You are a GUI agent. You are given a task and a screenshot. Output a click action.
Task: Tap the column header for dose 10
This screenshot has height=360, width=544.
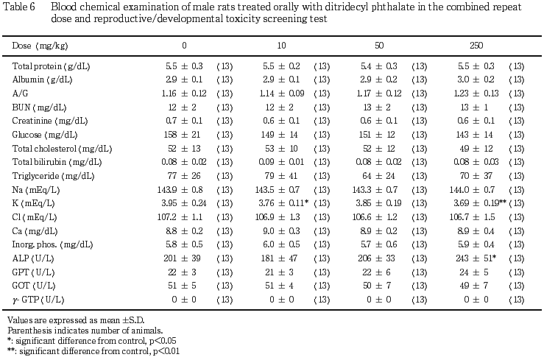[283, 46]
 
